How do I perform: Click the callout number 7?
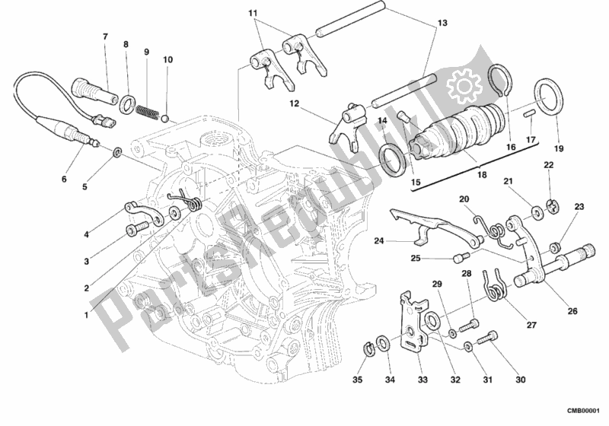(x=105, y=36)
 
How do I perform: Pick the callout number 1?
(x=86, y=316)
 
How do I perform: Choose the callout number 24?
(x=379, y=242)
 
